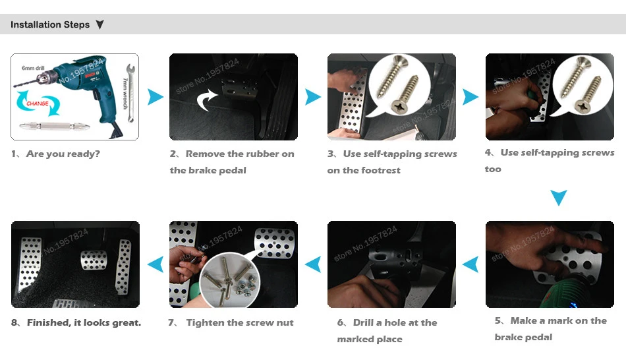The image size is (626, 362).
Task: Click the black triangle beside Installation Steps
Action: coord(100,25)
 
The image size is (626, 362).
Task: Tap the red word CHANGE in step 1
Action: coord(38,104)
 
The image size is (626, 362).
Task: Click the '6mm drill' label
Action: coord(33,68)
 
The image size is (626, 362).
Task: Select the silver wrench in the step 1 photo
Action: coord(130,92)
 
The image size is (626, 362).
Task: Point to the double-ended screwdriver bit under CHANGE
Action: coord(54,126)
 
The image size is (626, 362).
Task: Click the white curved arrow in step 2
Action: coord(207,100)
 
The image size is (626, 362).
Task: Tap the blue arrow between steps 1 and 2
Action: coord(156,97)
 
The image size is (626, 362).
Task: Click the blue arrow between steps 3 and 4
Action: coord(470,97)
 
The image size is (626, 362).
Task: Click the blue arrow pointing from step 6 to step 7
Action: coord(313,264)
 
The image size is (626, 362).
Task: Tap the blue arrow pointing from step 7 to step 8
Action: coord(156,264)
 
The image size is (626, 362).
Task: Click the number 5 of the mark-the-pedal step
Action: coord(498,320)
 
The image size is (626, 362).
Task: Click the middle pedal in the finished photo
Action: coord(94,260)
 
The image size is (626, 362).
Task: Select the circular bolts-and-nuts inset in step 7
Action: coord(229,280)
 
